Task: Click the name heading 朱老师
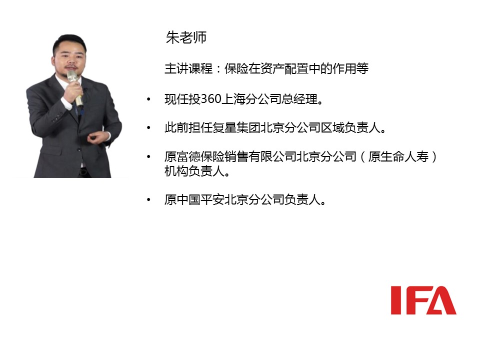pyautogui.click(x=186, y=37)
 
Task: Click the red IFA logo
pyautogui.click(x=423, y=300)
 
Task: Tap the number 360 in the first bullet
pyautogui.click(x=211, y=99)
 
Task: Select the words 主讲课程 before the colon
pyautogui.click(x=188, y=68)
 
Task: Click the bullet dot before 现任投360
pyautogui.click(x=148, y=99)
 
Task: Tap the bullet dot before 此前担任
pyautogui.click(x=148, y=127)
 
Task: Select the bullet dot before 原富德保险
pyautogui.click(x=148, y=156)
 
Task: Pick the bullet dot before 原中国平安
pyautogui.click(x=148, y=200)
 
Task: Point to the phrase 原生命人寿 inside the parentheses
pyautogui.click(x=398, y=156)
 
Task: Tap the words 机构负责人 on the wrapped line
pyautogui.click(x=194, y=171)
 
